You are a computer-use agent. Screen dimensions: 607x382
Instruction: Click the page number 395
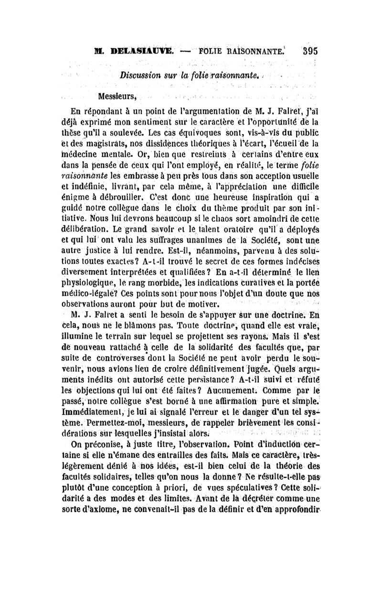pyautogui.click(x=308, y=51)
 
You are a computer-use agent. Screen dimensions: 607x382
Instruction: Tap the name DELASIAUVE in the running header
pyautogui.click(x=137, y=51)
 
